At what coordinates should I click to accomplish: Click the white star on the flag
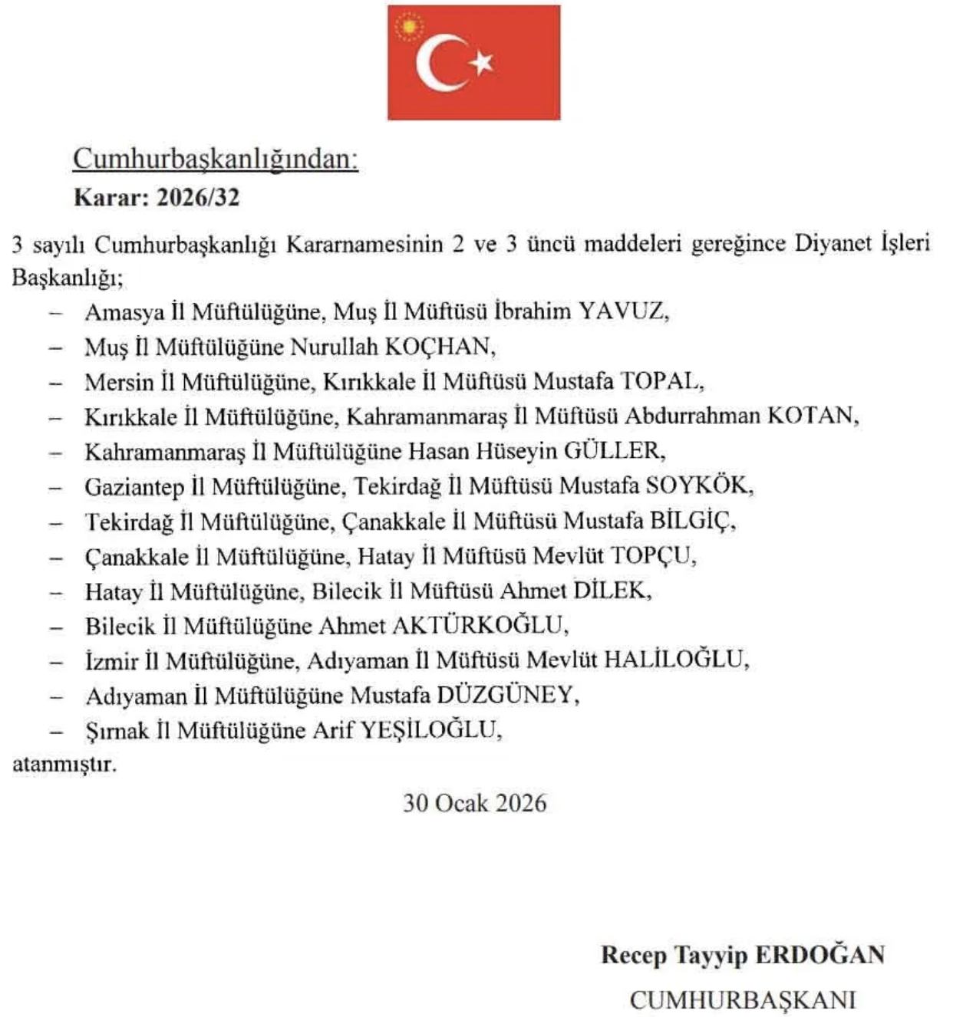point(483,62)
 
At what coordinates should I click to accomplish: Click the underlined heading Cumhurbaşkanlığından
point(216,159)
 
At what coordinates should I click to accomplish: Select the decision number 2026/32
point(198,198)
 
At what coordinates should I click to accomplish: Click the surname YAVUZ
point(622,311)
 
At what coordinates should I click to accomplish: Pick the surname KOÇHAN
point(439,347)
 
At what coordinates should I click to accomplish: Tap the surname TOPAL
point(661,381)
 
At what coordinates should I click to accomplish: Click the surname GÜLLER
point(613,450)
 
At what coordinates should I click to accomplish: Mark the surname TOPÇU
point(651,555)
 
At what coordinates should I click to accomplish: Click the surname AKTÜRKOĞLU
point(480,626)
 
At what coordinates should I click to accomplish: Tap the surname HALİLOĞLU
point(674,660)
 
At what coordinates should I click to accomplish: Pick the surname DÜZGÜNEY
point(506,695)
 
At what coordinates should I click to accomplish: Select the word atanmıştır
point(64,765)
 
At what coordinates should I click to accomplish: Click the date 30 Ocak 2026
point(475,803)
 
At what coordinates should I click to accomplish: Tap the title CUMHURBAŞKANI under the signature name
point(742,999)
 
